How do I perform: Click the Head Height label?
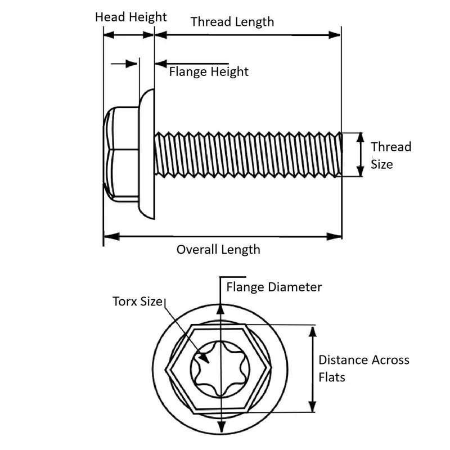[130, 17]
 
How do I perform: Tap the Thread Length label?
[232, 22]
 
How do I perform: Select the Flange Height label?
[209, 72]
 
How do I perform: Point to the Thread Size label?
[391, 155]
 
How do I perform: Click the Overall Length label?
[218, 249]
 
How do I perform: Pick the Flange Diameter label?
[274, 287]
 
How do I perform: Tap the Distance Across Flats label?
[364, 368]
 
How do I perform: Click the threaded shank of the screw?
[247, 154]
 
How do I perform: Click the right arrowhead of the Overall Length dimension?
[336, 236]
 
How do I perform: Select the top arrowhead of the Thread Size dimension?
[361, 137]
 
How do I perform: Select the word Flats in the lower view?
[332, 376]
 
